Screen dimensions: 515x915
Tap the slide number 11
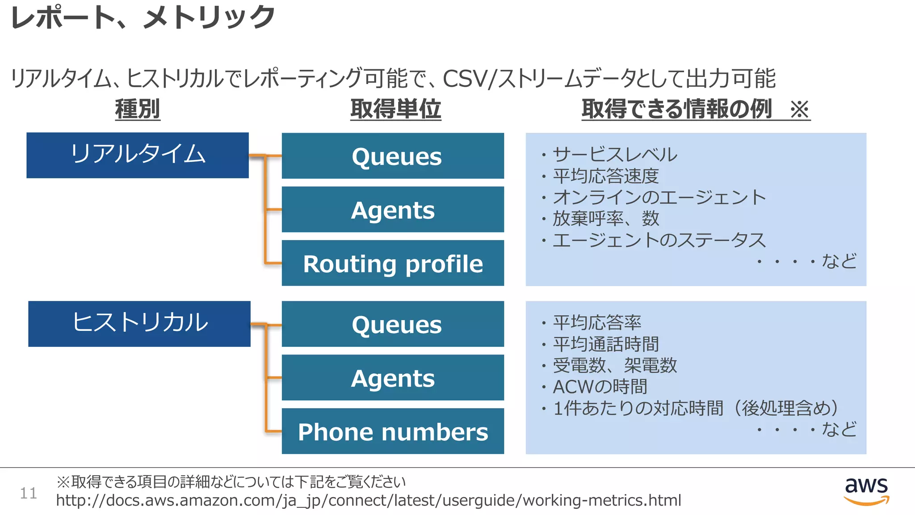(28, 493)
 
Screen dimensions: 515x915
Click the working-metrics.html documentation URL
(368, 500)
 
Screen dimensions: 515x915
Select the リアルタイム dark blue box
(138, 155)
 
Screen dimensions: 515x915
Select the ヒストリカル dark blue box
(139, 324)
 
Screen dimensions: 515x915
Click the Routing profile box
(393, 263)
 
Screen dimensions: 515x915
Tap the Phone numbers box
(393, 431)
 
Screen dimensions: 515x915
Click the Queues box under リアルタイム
(393, 156)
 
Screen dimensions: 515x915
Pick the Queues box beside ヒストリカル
(393, 324)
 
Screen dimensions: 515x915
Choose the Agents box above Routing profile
(393, 210)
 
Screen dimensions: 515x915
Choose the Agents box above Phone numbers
(393, 378)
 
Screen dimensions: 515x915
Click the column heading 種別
(138, 109)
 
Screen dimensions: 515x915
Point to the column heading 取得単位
(395, 109)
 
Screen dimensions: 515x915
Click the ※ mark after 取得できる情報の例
(799, 109)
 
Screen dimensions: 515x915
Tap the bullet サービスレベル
(615, 155)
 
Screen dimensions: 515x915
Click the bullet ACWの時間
(600, 387)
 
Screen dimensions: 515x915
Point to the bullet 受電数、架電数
(615, 365)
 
